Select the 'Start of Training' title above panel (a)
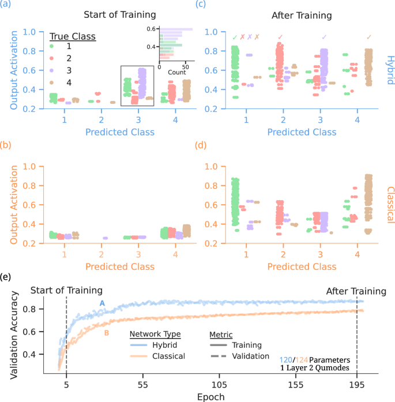click(120, 13)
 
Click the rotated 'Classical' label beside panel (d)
click(388, 204)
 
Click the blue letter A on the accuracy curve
click(101, 303)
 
